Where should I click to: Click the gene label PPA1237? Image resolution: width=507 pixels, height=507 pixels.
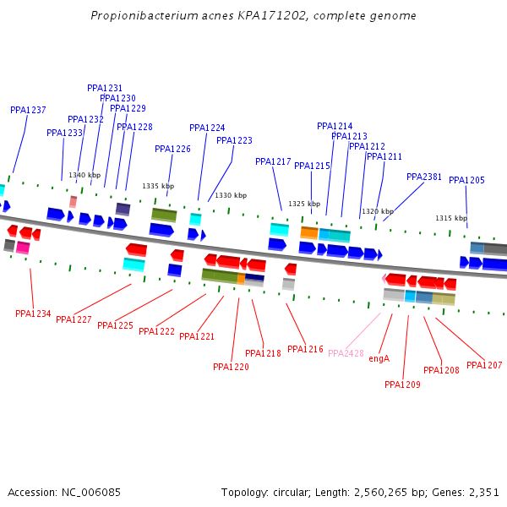(28, 111)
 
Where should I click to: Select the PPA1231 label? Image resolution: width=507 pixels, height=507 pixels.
(105, 88)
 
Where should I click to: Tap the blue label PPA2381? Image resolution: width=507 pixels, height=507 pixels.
(424, 177)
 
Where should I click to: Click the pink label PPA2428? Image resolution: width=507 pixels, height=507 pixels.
(346, 353)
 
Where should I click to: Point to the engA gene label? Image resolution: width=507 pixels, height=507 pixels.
(379, 358)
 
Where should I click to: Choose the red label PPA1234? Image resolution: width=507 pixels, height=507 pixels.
(33, 314)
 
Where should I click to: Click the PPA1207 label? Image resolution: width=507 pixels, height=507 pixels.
(484, 365)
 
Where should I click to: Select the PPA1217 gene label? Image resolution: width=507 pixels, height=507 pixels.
(273, 162)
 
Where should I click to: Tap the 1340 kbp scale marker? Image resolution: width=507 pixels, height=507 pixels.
(84, 176)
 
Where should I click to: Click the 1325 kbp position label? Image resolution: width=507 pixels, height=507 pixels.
(304, 204)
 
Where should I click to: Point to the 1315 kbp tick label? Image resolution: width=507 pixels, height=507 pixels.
(451, 218)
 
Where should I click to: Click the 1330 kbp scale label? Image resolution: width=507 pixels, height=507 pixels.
(231, 195)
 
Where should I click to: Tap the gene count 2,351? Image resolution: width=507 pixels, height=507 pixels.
(483, 492)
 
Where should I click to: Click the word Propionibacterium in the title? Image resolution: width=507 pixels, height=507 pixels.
(140, 16)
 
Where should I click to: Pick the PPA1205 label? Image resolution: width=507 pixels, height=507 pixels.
(466, 181)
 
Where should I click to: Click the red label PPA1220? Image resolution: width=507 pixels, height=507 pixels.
(231, 368)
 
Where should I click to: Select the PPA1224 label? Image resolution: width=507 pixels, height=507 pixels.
(207, 128)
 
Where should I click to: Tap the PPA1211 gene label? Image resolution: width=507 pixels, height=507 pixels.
(384, 157)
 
